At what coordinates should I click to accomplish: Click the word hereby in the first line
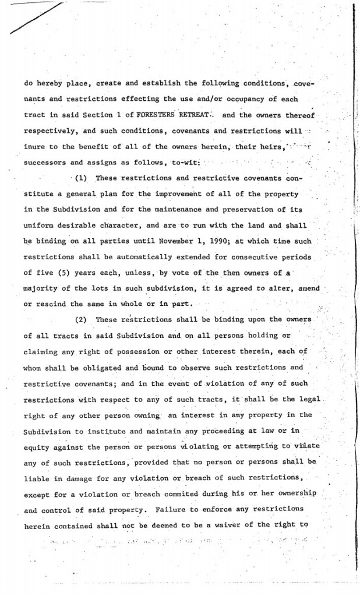pos(52,83)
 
